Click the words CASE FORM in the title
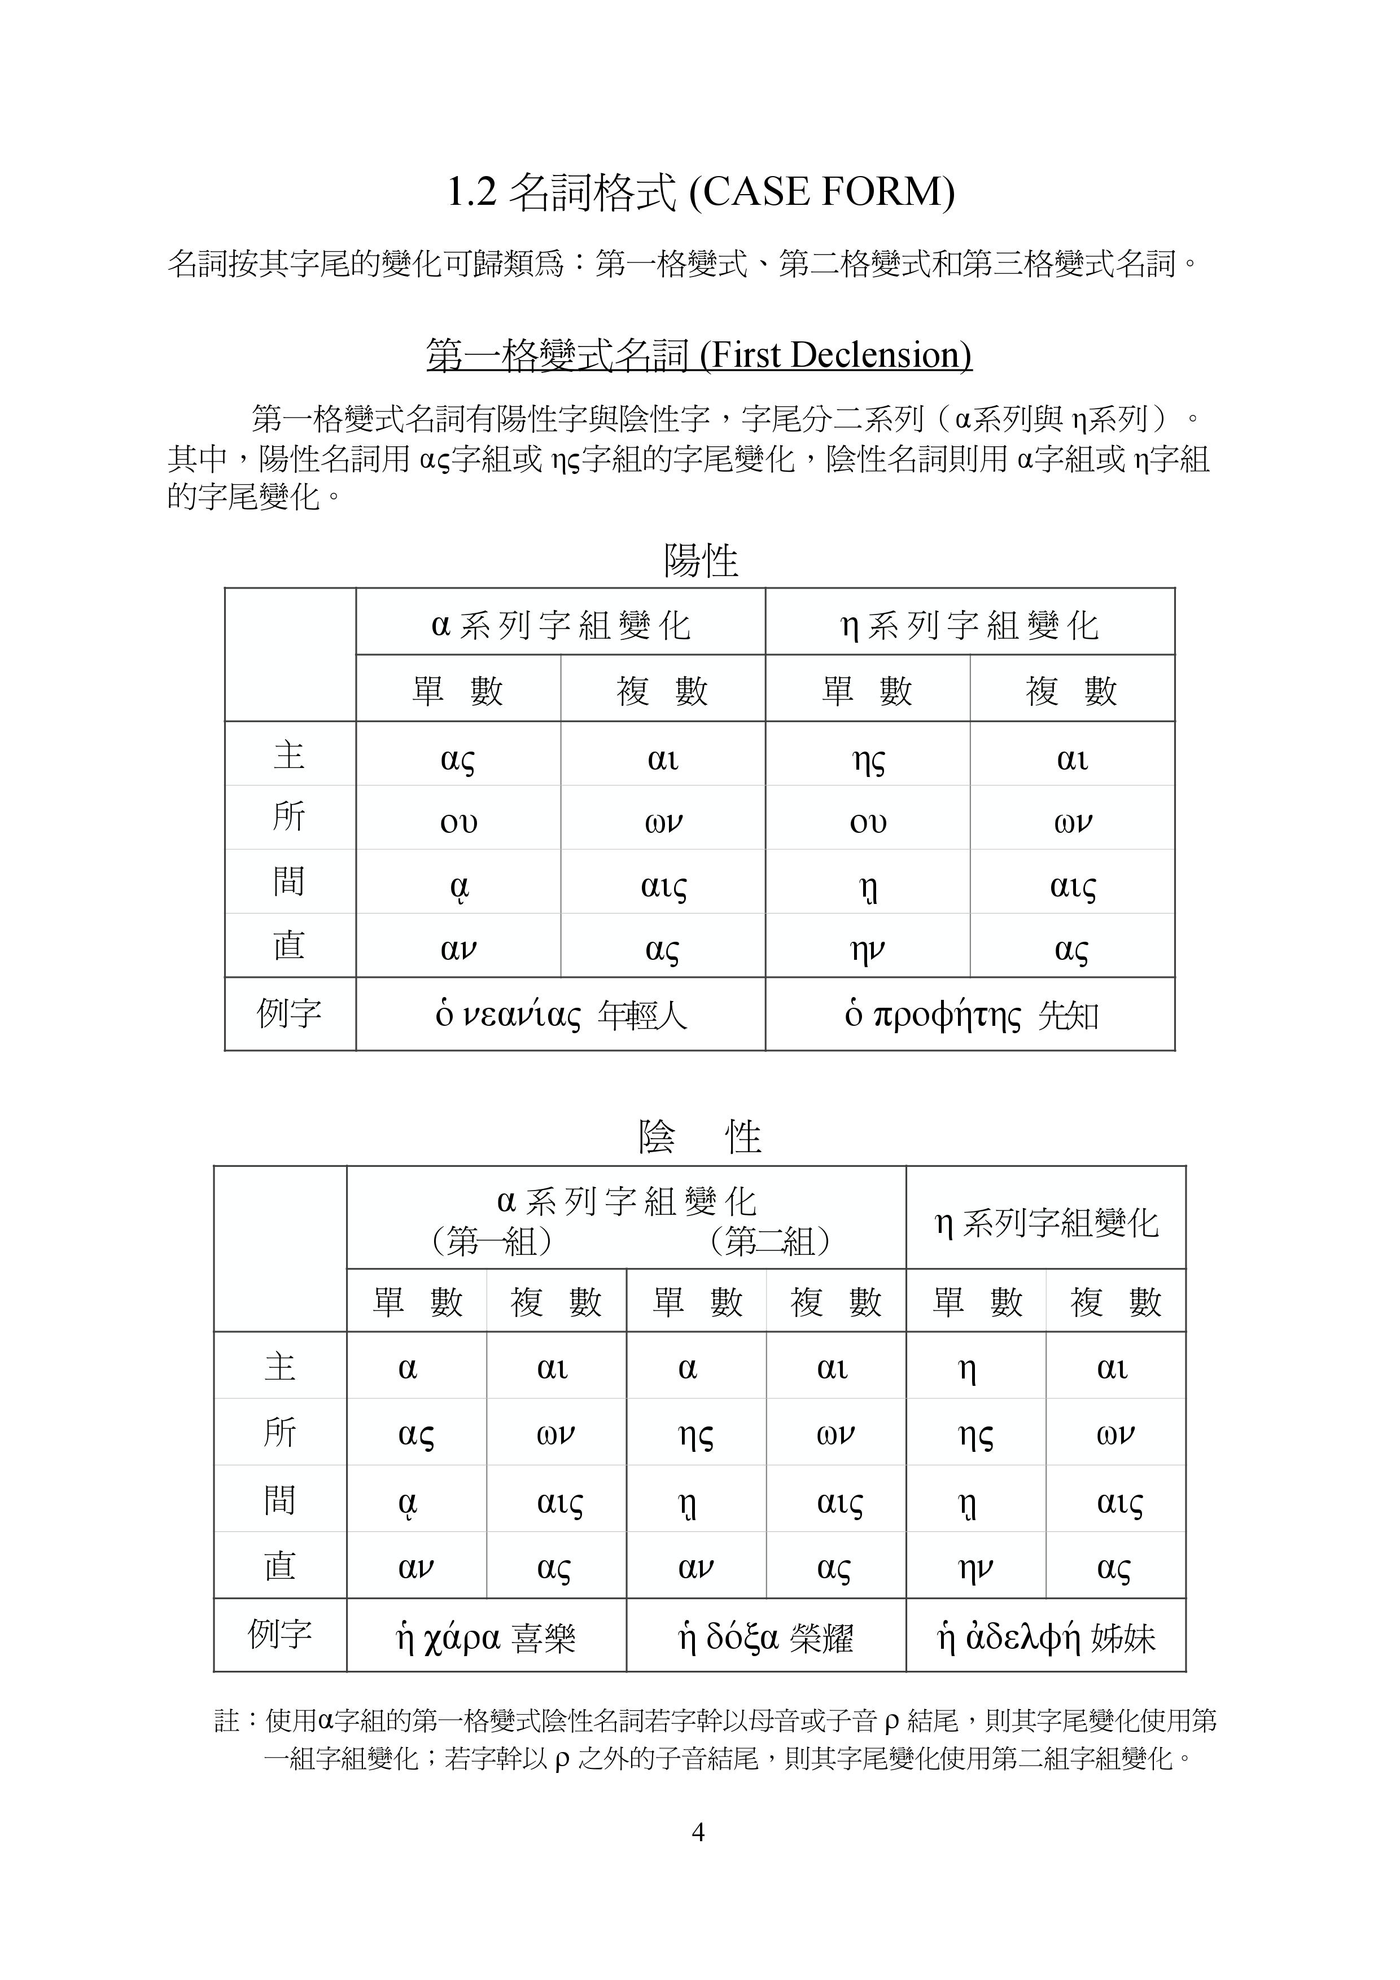point(822,191)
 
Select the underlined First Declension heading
point(699,354)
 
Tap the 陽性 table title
point(699,560)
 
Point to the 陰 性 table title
point(699,1136)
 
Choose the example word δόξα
point(742,1636)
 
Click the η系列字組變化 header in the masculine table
point(970,624)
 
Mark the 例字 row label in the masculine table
point(289,1013)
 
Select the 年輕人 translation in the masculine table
point(642,1016)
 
